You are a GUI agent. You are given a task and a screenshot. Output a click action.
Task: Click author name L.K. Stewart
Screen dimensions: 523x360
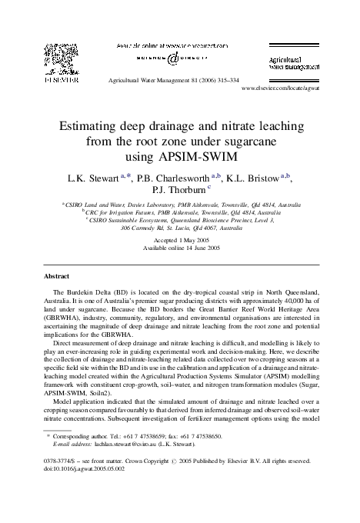(x=91, y=178)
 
